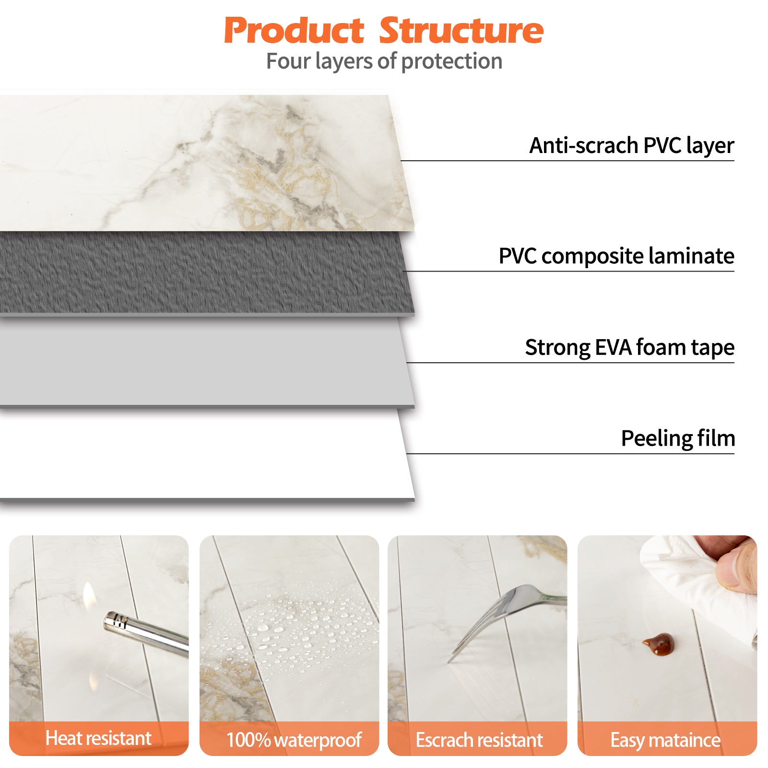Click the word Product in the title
[294, 30]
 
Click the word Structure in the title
[461, 30]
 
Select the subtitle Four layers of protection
[384, 61]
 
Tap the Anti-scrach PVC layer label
[632, 145]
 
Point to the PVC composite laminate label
[616, 256]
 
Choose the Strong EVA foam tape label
[630, 347]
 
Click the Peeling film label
[678, 438]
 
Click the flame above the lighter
[89, 597]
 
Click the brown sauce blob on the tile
[659, 644]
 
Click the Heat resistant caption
[98, 738]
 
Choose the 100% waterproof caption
[294, 740]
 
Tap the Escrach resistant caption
[479, 740]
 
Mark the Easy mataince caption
[665, 740]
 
